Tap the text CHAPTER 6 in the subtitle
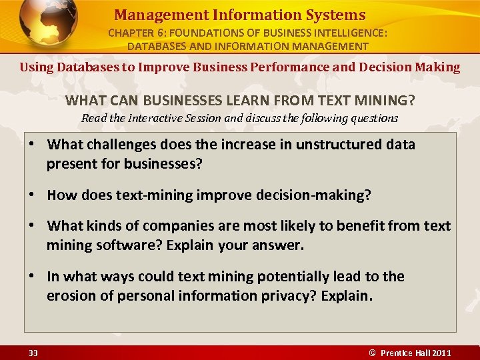[135, 33]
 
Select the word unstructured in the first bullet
[333, 145]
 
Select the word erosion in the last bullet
[71, 296]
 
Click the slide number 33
[33, 353]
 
